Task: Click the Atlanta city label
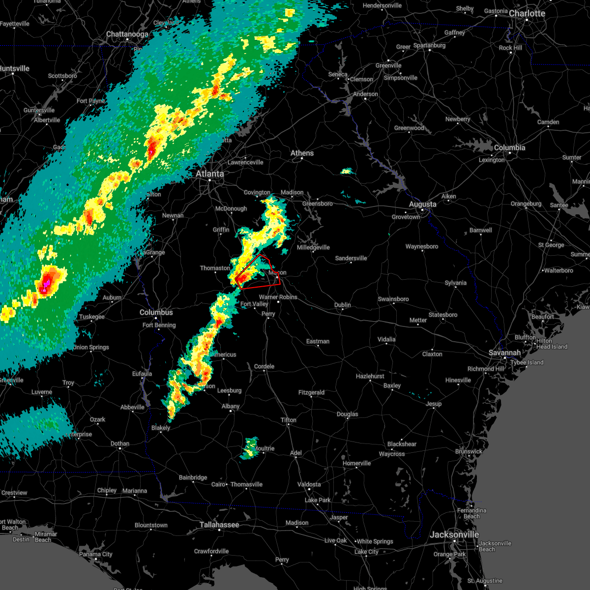coord(209,174)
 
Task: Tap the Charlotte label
coord(527,13)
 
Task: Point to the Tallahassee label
coord(219,525)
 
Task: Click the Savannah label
coord(505,353)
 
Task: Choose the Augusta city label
coord(422,204)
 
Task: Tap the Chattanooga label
coord(127,34)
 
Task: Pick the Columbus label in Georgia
coord(156,312)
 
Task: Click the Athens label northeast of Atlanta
coord(302,153)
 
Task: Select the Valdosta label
coord(309,484)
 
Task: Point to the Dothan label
coord(120,443)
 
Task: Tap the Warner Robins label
coord(278,297)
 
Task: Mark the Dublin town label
coord(342,305)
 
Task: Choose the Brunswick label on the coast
coord(469,451)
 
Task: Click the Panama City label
coord(96,554)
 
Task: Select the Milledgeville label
coord(313,247)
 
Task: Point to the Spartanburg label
coord(429,45)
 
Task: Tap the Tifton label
coord(289,420)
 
